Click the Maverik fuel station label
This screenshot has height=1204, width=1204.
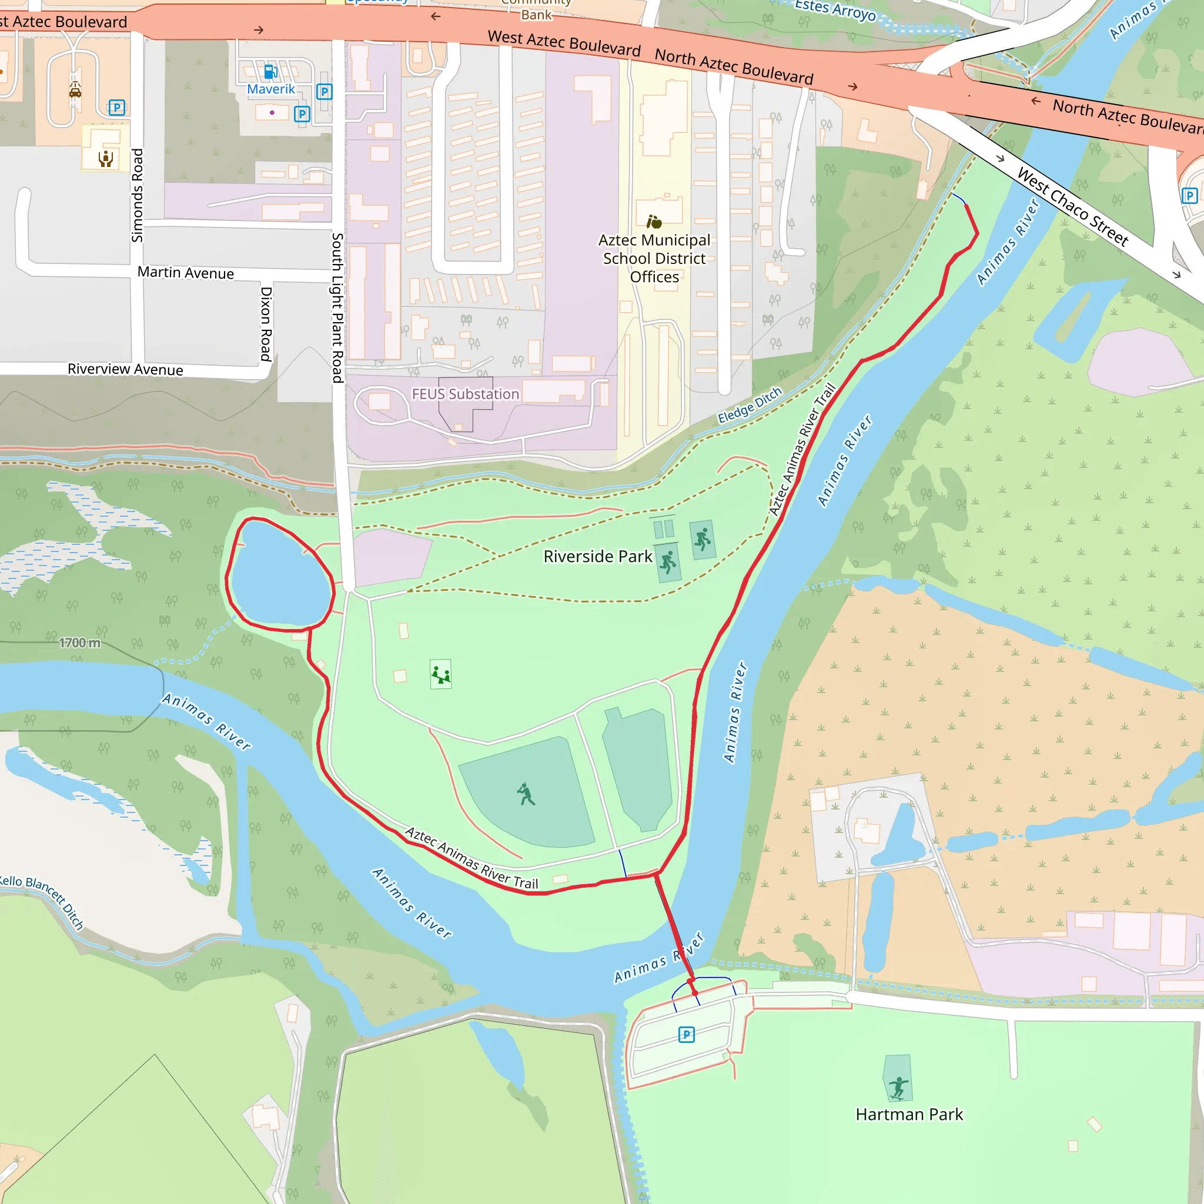270,89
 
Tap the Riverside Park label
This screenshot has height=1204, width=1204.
597,557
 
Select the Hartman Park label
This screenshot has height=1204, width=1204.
909,1114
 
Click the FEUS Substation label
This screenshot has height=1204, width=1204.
465,394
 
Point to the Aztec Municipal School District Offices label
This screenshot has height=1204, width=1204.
654,258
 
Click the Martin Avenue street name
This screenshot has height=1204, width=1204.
186,273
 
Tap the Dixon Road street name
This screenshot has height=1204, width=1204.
266,323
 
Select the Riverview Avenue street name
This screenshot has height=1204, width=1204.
125,370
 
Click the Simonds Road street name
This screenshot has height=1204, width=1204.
137,195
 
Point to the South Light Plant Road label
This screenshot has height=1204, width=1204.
337,308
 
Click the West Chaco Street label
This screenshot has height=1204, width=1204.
1072,207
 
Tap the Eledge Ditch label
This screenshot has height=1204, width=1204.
749,405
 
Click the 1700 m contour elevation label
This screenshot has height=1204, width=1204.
79,643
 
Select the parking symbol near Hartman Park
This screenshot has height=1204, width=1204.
686,1035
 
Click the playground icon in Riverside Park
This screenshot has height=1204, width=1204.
440,674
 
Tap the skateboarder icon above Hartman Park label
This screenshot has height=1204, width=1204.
898,1088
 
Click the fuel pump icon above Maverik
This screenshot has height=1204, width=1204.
270,72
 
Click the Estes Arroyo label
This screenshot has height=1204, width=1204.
835,10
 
